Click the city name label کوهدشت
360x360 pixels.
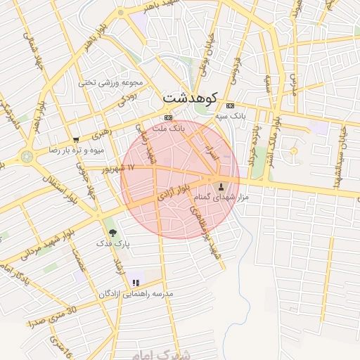190,98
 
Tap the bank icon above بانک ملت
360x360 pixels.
168,117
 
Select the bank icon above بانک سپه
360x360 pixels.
231,105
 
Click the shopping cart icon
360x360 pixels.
76,140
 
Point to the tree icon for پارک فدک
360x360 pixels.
112,232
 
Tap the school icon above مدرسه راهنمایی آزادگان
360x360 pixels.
135,283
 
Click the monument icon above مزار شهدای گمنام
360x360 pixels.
223,187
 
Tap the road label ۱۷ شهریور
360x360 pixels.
117,169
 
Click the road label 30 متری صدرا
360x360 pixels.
53,316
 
